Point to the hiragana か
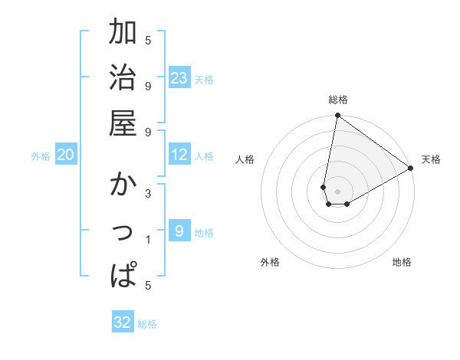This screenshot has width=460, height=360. pos(123,186)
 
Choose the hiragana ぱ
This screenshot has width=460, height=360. pos(123,274)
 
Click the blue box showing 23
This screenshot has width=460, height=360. pos(179,78)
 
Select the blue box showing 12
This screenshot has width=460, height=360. pos(179,155)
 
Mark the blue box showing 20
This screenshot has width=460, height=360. pos(65,155)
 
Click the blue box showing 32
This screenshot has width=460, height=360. pos(123,322)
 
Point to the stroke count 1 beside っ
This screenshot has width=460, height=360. pos(148,240)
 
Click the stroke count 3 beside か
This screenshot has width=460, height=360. pos(148,194)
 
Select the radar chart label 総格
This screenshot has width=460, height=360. pos(337,100)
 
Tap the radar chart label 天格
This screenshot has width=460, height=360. pos(431,159)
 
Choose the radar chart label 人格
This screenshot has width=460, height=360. pos(245,159)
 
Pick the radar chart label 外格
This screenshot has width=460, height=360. pos(270,262)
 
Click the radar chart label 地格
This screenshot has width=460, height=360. pos(402,262)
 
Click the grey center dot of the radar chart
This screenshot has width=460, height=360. pos(337,191)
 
